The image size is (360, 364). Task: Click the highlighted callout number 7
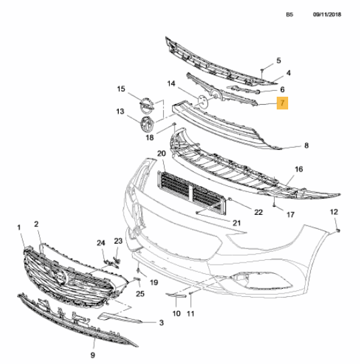coord(282,103)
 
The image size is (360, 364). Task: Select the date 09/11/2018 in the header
coord(327,14)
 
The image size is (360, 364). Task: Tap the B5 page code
coord(289,14)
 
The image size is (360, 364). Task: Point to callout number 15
coord(121,89)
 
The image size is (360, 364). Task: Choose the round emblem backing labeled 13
coord(147,123)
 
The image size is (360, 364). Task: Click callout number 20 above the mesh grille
coord(162,153)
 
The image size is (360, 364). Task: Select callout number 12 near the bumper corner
coord(334,212)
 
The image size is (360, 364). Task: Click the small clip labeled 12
coord(339,230)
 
